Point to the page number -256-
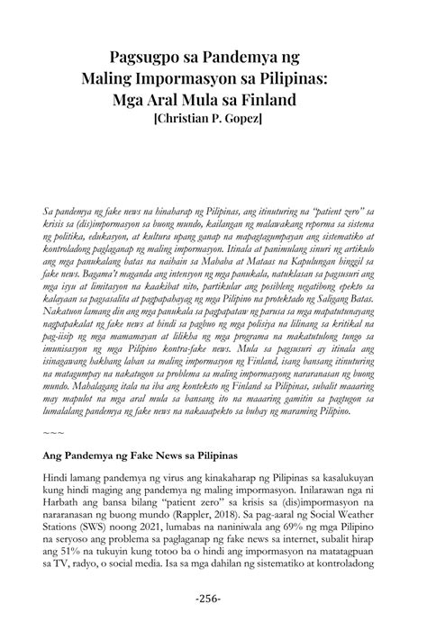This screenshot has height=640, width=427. point(213,598)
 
